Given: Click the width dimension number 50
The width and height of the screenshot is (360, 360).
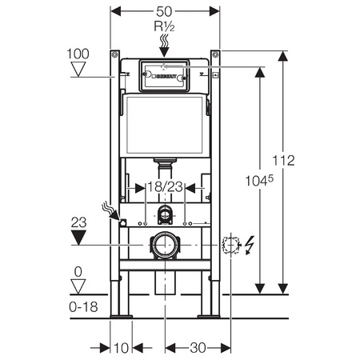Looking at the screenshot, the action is coord(164,11).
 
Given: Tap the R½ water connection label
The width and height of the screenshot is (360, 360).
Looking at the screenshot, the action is coord(164,26).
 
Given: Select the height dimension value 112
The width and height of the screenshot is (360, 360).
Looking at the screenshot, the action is coord(283,161).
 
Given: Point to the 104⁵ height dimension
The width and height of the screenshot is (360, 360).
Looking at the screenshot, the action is coord(259,181).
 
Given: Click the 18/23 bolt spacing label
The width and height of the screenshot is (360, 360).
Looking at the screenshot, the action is coord(165,186).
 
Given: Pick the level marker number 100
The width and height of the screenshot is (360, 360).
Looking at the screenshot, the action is coord(78,54).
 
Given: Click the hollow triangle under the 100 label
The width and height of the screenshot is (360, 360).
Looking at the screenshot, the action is coord(78,69).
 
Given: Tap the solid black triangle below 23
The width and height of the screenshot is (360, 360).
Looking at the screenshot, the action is coord(78,238).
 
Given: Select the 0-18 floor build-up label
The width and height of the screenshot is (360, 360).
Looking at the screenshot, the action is coord(83,307).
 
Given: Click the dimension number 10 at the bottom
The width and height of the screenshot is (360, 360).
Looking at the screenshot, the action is coord(122,348).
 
